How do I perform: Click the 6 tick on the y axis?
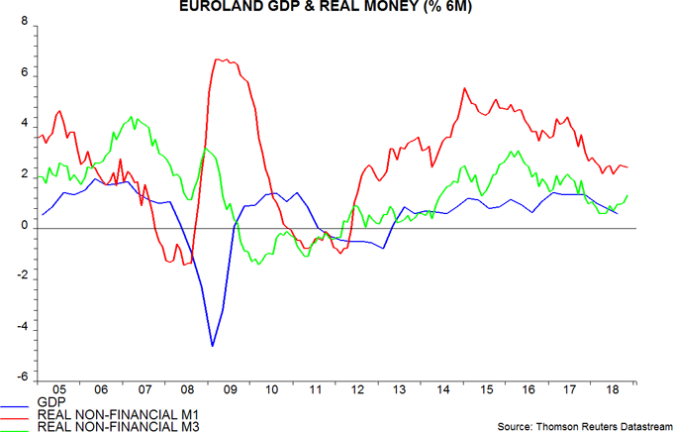pyautogui.click(x=24, y=75)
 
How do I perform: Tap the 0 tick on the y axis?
pyautogui.click(x=24, y=228)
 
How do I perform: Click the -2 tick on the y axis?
pyautogui.click(x=21, y=278)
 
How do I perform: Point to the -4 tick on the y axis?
pyautogui.click(x=21, y=329)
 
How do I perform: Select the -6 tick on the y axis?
pyautogui.click(x=21, y=379)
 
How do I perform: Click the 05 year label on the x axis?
pyautogui.click(x=58, y=391)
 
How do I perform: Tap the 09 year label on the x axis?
pyautogui.click(x=229, y=391)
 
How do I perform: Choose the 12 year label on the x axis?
pyautogui.click(x=356, y=391)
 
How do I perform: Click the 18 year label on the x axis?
pyautogui.click(x=613, y=391)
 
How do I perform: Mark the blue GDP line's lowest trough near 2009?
pyautogui.click(x=212, y=346)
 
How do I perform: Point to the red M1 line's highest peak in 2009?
pyautogui.click(x=218, y=59)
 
